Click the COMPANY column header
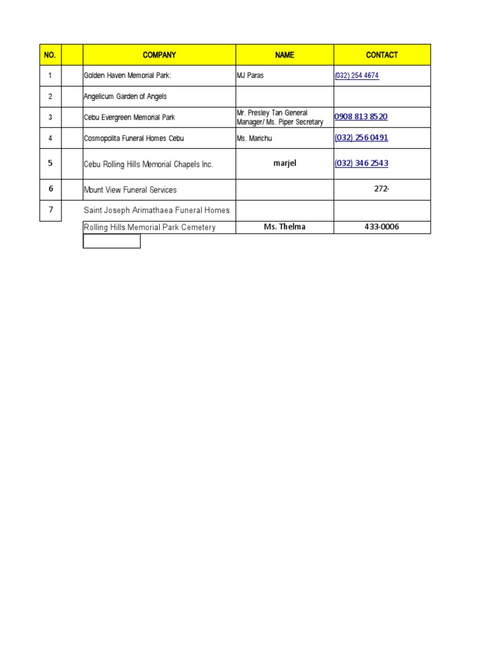coord(159,55)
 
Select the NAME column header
coord(285,55)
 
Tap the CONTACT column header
coord(382,55)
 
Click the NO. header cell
coord(50,55)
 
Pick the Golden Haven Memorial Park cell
coord(128,75)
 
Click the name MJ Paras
coord(250,75)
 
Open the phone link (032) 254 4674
coord(357,75)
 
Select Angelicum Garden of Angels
coord(126,96)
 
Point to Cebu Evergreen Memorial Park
coord(129,117)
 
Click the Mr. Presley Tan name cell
coord(280,117)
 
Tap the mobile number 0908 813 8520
coord(361,117)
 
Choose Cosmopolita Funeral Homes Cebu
coord(134,138)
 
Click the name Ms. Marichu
coord(254,138)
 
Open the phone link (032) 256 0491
coord(361,138)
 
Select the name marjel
coord(285,163)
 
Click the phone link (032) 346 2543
coord(361,163)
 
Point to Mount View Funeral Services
coord(131,190)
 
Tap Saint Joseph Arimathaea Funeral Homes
coord(157,210)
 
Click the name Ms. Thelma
coord(285,227)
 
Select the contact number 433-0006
coord(382,227)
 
